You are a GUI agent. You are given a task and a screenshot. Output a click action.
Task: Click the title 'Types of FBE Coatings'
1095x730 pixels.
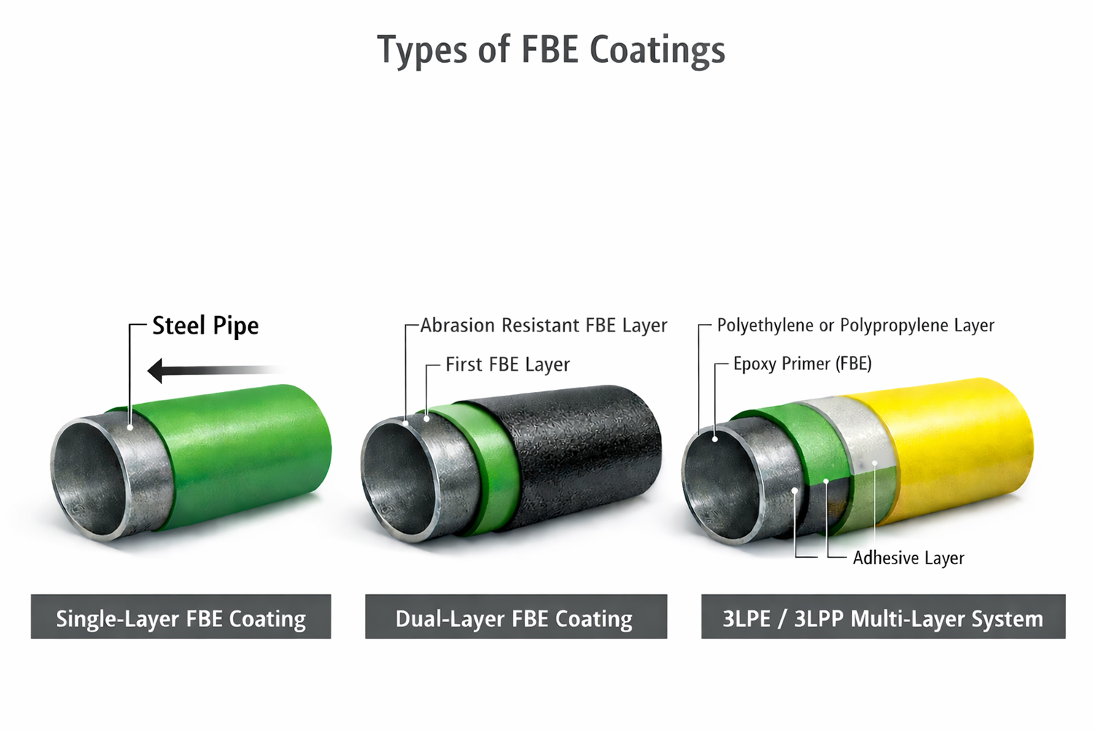click(551, 50)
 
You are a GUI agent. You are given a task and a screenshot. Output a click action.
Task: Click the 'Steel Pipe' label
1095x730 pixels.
click(205, 326)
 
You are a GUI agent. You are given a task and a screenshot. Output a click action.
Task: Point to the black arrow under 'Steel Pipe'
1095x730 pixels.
click(212, 370)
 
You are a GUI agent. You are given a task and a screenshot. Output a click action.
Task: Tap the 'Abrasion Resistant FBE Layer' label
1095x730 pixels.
click(544, 326)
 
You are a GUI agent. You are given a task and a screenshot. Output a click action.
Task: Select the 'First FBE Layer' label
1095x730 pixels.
click(507, 364)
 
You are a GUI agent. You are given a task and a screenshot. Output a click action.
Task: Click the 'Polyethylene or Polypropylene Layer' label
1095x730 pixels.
click(856, 326)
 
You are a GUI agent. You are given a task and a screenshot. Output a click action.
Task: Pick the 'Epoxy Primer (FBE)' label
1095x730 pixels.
click(802, 364)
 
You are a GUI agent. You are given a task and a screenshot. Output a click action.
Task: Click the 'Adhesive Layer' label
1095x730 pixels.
click(908, 558)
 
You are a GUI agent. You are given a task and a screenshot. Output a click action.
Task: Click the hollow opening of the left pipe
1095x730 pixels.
click(88, 478)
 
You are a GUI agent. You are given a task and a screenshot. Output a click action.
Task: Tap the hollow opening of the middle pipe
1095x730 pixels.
click(398, 478)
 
